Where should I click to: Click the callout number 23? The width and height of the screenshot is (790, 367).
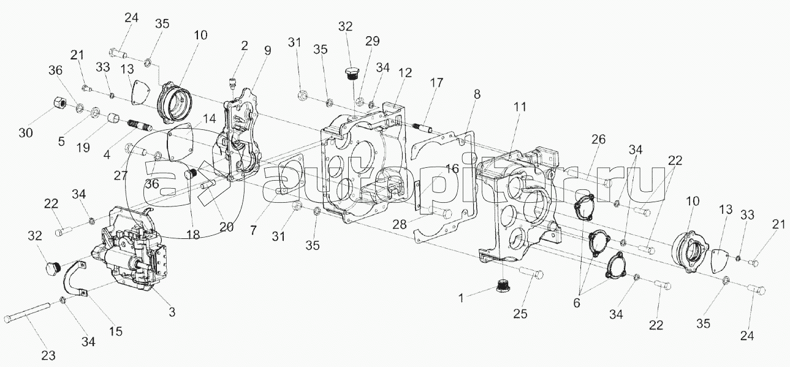pyautogui.click(x=48, y=354)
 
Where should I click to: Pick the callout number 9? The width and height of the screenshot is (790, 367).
pyautogui.click(x=267, y=51)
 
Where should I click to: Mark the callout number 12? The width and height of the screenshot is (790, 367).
pyautogui.click(x=404, y=72)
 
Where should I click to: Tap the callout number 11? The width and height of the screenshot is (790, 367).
pyautogui.click(x=520, y=106)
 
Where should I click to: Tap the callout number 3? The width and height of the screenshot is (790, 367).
pyautogui.click(x=172, y=312)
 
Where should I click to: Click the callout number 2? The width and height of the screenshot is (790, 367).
pyautogui.click(x=244, y=45)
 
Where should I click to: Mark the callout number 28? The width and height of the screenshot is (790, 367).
pyautogui.click(x=400, y=225)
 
